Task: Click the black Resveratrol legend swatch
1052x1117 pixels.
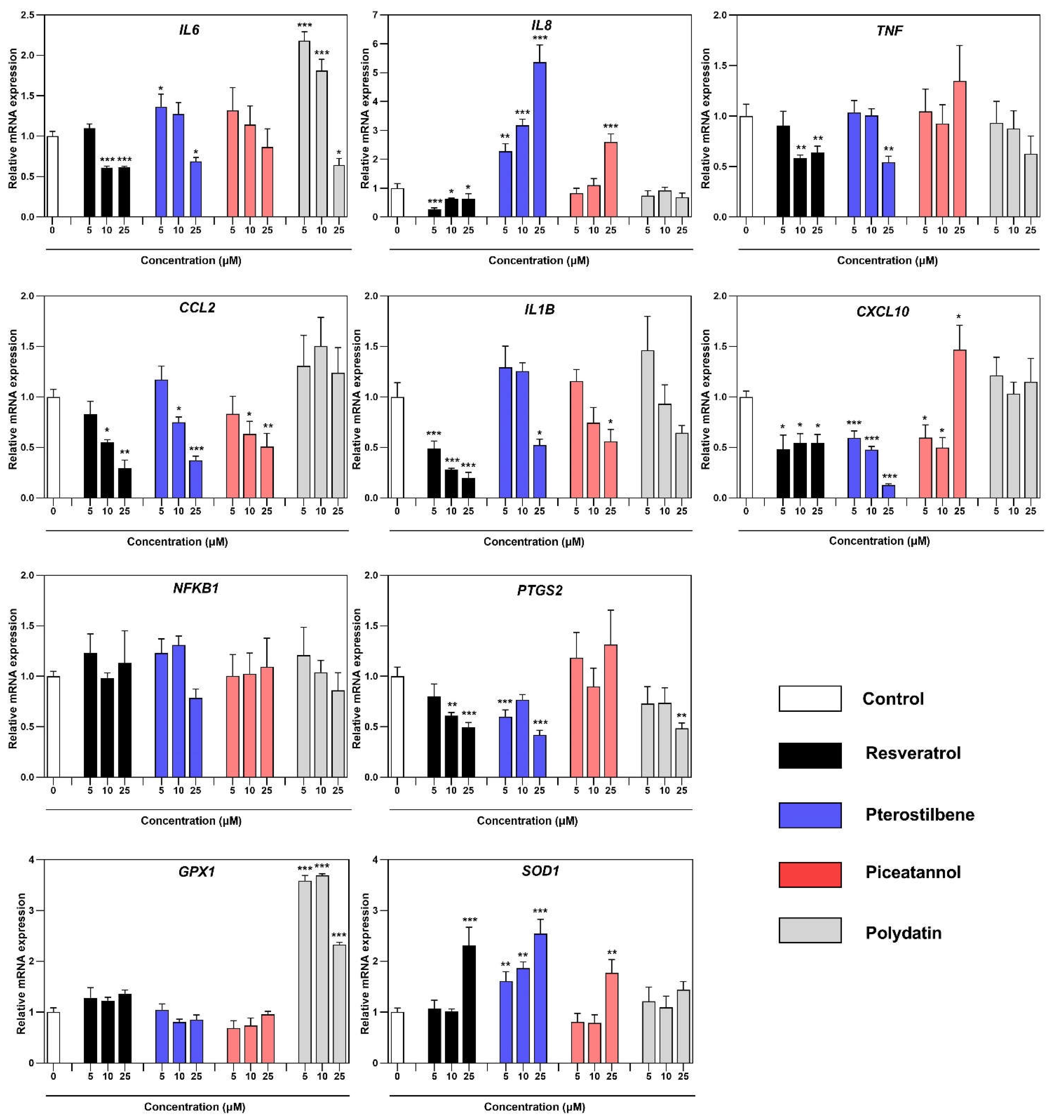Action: coord(810,755)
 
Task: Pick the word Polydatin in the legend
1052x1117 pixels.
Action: coord(903,933)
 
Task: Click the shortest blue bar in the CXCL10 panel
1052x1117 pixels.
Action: coord(888,491)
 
